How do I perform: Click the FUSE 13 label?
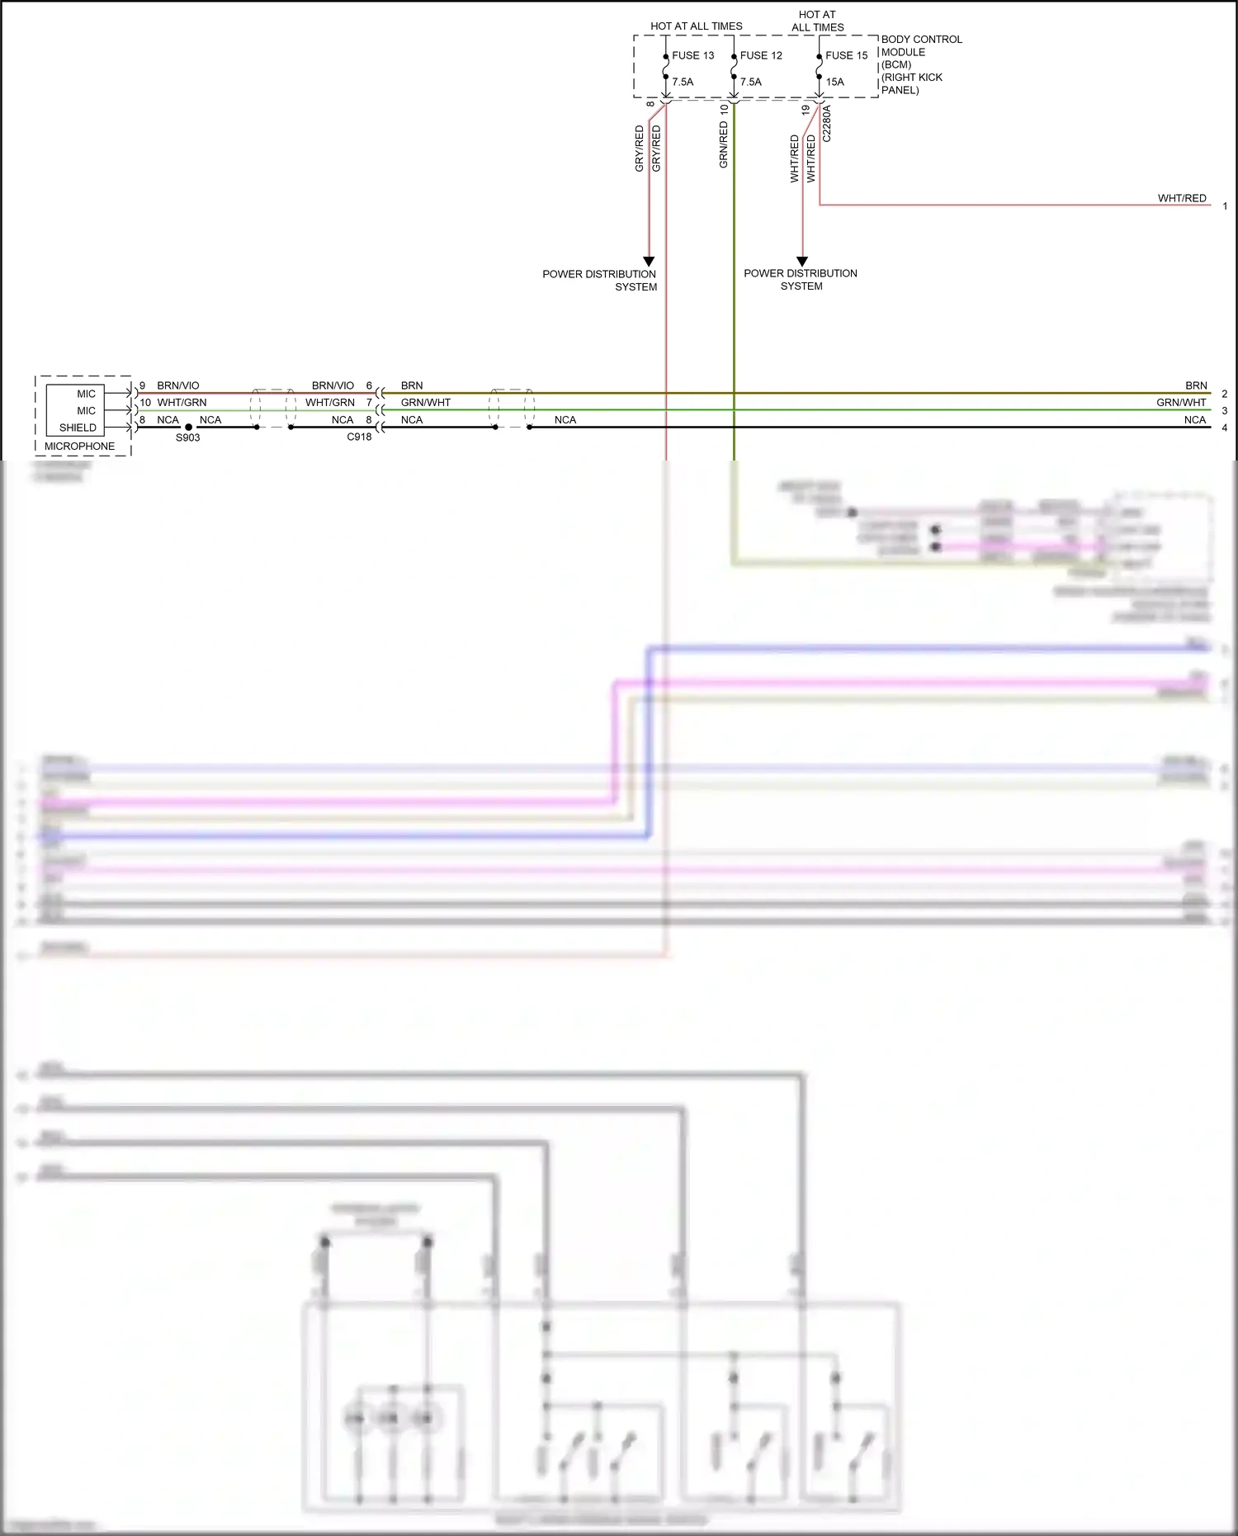click(x=692, y=55)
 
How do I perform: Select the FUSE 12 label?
click(x=761, y=55)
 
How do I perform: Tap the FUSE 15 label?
click(x=846, y=55)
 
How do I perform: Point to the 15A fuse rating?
click(x=834, y=82)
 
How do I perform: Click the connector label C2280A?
click(x=827, y=124)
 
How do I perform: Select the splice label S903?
click(x=187, y=437)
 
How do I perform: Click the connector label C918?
click(x=359, y=437)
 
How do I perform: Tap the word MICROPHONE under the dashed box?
click(x=79, y=447)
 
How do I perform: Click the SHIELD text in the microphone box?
click(x=78, y=428)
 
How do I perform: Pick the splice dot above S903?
click(x=188, y=428)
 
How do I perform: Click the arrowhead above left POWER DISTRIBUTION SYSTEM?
click(x=649, y=262)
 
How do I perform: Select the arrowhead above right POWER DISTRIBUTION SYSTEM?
click(x=801, y=262)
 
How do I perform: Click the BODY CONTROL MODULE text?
click(x=921, y=45)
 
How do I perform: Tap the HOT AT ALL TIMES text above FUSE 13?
click(x=696, y=26)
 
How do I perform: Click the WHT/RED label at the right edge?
click(x=1181, y=198)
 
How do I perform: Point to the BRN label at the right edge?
click(x=1196, y=385)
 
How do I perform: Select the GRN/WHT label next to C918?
click(x=426, y=403)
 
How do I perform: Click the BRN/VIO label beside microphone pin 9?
click(x=178, y=385)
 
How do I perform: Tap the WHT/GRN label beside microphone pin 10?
click(x=182, y=403)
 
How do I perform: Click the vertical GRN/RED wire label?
click(x=724, y=145)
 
